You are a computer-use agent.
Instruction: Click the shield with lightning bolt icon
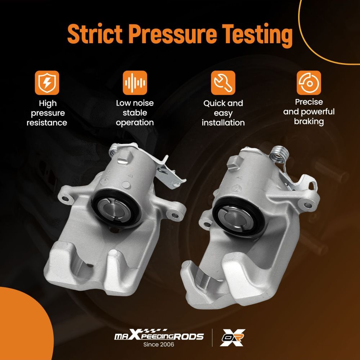[47, 83]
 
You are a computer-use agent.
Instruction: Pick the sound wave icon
[135, 83]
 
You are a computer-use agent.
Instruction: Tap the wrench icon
[223, 83]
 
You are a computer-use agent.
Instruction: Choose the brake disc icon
[309, 83]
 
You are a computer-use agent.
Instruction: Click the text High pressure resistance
[47, 113]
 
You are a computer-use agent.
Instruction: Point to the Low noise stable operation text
[135, 113]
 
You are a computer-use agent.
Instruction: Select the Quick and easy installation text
[223, 113]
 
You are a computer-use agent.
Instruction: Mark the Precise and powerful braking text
[309, 112]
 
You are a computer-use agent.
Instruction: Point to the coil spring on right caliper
[278, 153]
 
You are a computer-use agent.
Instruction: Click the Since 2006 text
[159, 345]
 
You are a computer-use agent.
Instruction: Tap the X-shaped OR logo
[232, 337]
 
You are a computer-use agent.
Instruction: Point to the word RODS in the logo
[189, 337]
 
